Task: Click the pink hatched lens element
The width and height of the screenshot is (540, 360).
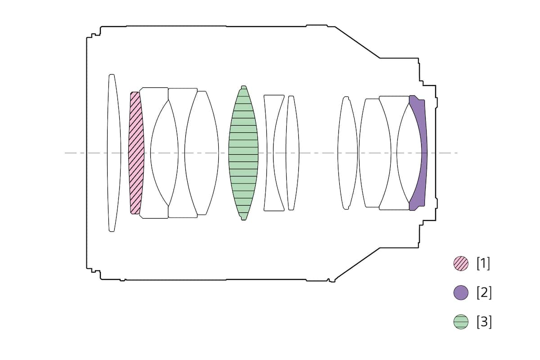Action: tap(136, 153)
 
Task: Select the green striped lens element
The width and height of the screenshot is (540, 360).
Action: tap(243, 153)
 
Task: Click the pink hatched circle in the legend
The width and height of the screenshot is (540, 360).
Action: tap(461, 264)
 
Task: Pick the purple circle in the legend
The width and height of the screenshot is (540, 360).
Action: tap(461, 293)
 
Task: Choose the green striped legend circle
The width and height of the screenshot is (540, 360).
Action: tap(461, 322)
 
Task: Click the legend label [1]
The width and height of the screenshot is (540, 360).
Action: tap(483, 264)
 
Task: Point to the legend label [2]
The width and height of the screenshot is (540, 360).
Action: tap(484, 293)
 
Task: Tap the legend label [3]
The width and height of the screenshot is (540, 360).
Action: tap(484, 322)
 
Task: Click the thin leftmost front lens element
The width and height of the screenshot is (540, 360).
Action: tap(114, 153)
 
